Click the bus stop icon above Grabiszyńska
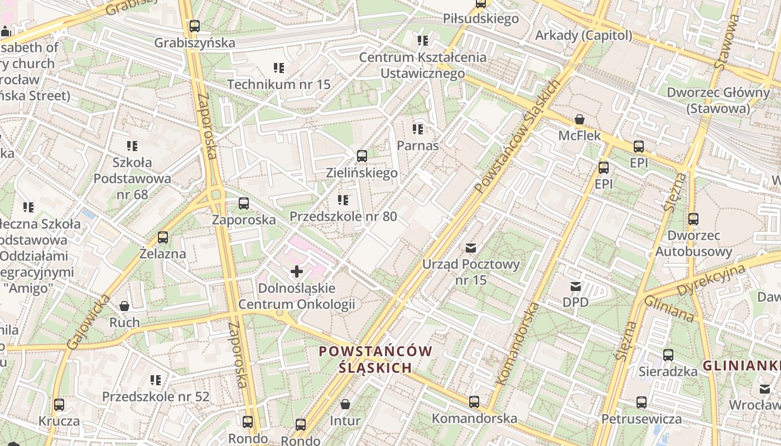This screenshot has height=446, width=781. [x=194, y=26]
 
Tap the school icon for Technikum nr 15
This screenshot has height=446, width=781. [x=279, y=68]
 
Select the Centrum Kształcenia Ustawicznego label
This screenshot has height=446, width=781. [x=422, y=65]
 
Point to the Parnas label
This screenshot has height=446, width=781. [x=418, y=146]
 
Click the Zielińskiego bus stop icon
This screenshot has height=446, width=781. [x=362, y=156]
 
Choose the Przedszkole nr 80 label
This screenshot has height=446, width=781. [x=343, y=216]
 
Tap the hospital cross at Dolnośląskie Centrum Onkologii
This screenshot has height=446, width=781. [x=297, y=272]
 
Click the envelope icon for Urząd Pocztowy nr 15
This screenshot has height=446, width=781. [x=471, y=248]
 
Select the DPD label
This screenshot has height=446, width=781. [x=575, y=302]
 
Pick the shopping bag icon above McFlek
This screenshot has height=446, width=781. [x=580, y=119]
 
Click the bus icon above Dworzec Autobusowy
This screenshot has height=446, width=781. [x=693, y=219]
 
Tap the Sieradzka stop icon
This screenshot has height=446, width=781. [x=668, y=355]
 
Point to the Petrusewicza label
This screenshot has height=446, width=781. [x=641, y=419]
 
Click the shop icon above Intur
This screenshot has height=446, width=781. [x=345, y=404]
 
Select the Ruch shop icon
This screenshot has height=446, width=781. [x=124, y=306]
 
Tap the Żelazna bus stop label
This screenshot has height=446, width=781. [x=163, y=254]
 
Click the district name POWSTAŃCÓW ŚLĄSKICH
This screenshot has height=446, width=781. [x=375, y=360]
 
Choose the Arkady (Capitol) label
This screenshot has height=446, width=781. [x=584, y=36]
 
